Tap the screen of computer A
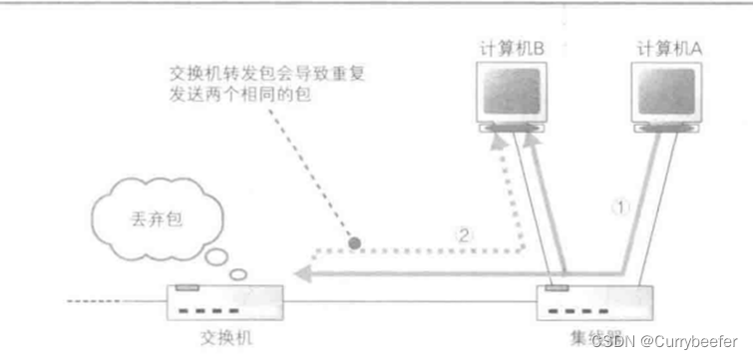pyautogui.click(x=670, y=91)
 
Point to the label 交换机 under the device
pyautogui.click(x=221, y=338)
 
